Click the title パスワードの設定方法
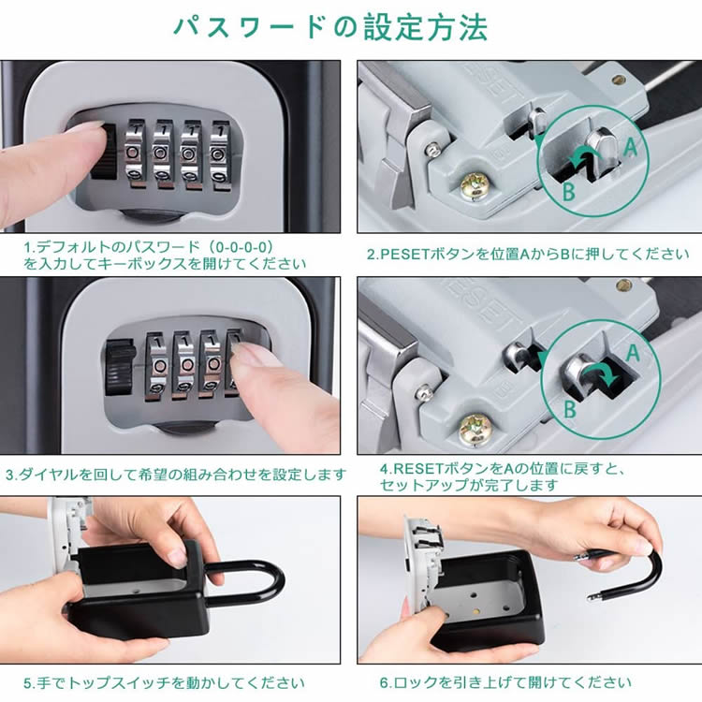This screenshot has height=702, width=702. [330, 27]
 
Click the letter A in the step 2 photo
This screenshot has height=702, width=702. [630, 146]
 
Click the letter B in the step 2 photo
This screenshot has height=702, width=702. [568, 192]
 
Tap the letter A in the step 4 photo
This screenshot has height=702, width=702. [633, 353]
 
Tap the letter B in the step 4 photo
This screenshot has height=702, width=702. [569, 408]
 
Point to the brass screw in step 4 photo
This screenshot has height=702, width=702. [475, 428]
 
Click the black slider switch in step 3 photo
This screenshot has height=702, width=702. [120, 366]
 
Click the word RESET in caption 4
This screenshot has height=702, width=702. [418, 469]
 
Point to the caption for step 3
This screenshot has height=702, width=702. [176, 475]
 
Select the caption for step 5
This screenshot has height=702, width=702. [164, 683]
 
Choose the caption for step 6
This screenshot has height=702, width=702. [505, 682]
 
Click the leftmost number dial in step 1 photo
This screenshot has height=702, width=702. [133, 154]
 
